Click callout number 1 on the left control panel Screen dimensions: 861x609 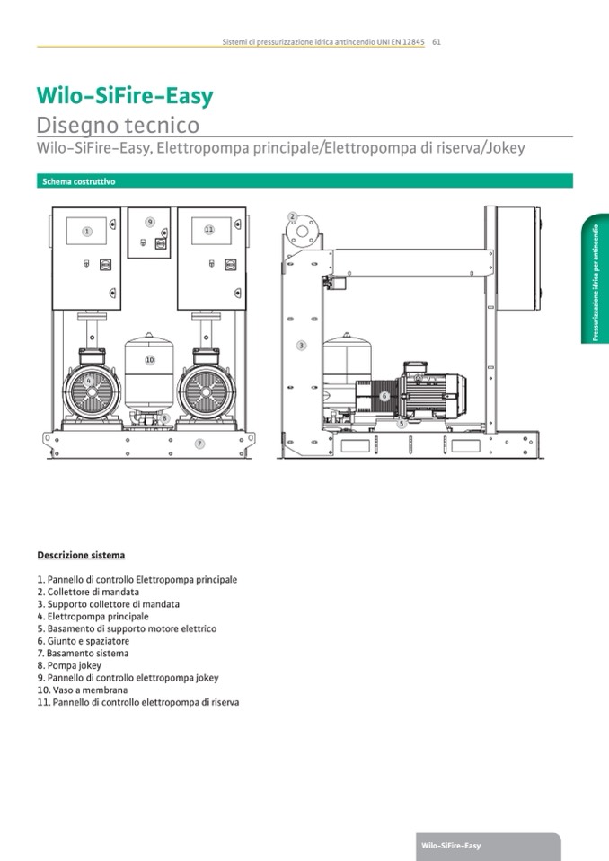point(87,231)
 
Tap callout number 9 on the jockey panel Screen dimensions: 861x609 point(150,221)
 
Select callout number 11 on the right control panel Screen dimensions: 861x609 point(208,230)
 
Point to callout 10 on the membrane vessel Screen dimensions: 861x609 point(150,360)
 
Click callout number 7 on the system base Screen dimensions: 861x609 point(199,444)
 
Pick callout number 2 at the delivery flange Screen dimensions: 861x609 point(292,216)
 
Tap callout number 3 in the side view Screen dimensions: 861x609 point(301,346)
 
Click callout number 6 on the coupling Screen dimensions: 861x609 point(384,396)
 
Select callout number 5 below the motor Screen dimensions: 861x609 point(401,423)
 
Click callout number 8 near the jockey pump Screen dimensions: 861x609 point(164,417)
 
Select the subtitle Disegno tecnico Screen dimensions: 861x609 point(118,125)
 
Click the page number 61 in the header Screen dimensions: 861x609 point(436,41)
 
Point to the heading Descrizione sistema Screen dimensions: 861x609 point(81,555)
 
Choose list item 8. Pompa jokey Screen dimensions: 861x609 point(68,666)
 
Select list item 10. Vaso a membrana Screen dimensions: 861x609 point(82,690)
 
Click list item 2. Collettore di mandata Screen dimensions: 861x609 point(88,593)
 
